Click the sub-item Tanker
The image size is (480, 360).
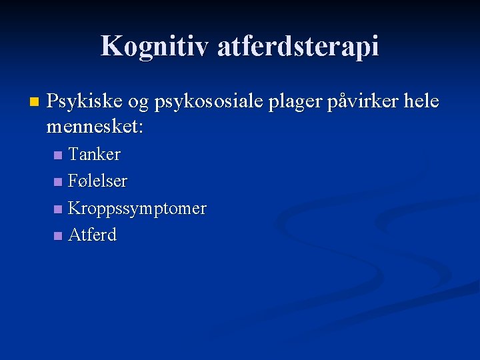point(94,155)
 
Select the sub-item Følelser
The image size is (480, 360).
point(97,181)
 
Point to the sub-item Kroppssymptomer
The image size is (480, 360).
point(137,209)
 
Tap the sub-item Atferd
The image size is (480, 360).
point(92,235)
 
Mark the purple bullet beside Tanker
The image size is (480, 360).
point(58,155)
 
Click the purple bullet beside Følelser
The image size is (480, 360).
point(58,182)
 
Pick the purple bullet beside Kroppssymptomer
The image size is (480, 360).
point(58,209)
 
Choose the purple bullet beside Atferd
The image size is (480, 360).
point(58,235)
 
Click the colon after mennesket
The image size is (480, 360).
point(139,127)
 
